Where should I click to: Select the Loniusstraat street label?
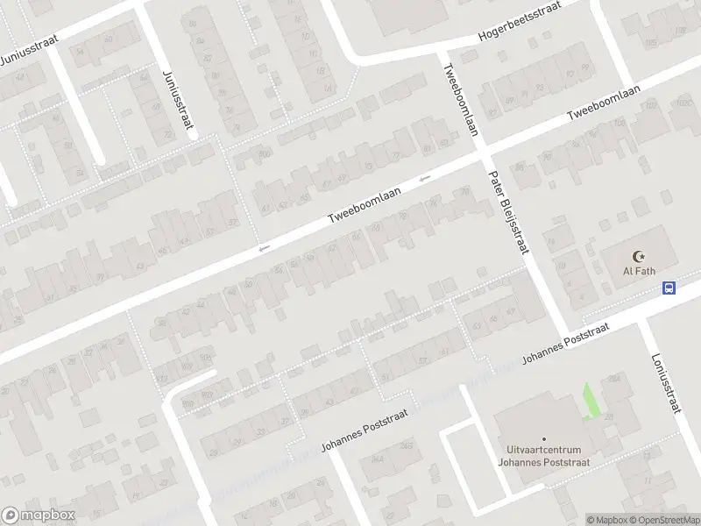(x=667, y=382)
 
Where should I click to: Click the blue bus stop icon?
(x=669, y=288)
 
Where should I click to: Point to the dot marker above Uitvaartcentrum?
(x=543, y=439)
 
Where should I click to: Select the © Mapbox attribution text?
(x=607, y=520)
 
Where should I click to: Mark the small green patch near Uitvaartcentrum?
(x=591, y=402)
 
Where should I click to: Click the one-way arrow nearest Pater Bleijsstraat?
(x=425, y=180)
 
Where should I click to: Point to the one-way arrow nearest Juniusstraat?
(x=263, y=250)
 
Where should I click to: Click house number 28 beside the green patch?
(x=606, y=416)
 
